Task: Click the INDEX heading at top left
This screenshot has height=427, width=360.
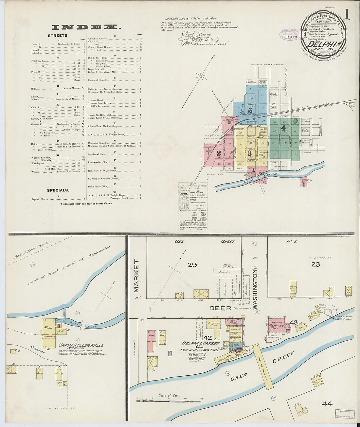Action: click(x=86, y=27)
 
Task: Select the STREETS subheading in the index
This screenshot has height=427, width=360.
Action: click(x=58, y=35)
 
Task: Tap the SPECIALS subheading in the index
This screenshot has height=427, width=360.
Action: click(x=58, y=190)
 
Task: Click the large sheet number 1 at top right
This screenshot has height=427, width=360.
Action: click(x=346, y=15)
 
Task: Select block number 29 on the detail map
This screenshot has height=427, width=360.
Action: click(x=192, y=264)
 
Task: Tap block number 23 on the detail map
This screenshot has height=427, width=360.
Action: click(x=315, y=264)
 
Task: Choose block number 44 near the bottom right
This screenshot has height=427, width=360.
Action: click(x=327, y=404)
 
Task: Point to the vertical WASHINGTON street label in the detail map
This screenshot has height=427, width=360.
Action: click(x=254, y=285)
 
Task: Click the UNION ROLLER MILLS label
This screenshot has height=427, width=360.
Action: click(x=81, y=345)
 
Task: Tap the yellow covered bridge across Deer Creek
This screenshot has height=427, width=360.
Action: click(x=263, y=366)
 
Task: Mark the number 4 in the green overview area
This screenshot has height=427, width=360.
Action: click(x=283, y=128)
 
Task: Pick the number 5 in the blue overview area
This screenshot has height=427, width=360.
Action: click(x=250, y=111)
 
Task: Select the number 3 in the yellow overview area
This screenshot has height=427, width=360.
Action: click(x=249, y=153)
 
